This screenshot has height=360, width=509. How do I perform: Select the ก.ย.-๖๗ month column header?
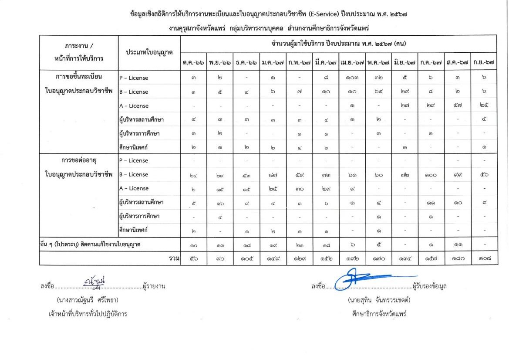pyautogui.click(x=484, y=62)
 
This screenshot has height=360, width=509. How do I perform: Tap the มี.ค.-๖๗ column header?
pyautogui.click(x=326, y=62)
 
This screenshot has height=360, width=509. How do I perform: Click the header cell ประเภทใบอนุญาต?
pyautogui.click(x=149, y=52)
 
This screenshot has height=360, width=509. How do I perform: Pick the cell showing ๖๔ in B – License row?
pyautogui.click(x=378, y=92)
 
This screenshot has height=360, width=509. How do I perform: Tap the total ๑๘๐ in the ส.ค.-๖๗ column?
pyautogui.click(x=458, y=258)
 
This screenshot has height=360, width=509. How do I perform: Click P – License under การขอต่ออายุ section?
pyautogui.click(x=134, y=160)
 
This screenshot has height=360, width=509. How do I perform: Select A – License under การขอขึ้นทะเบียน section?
pyautogui.click(x=134, y=105)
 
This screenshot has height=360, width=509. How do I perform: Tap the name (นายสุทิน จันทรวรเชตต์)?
pyautogui.click(x=379, y=300)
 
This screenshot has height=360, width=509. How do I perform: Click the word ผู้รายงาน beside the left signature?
pyautogui.click(x=154, y=286)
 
